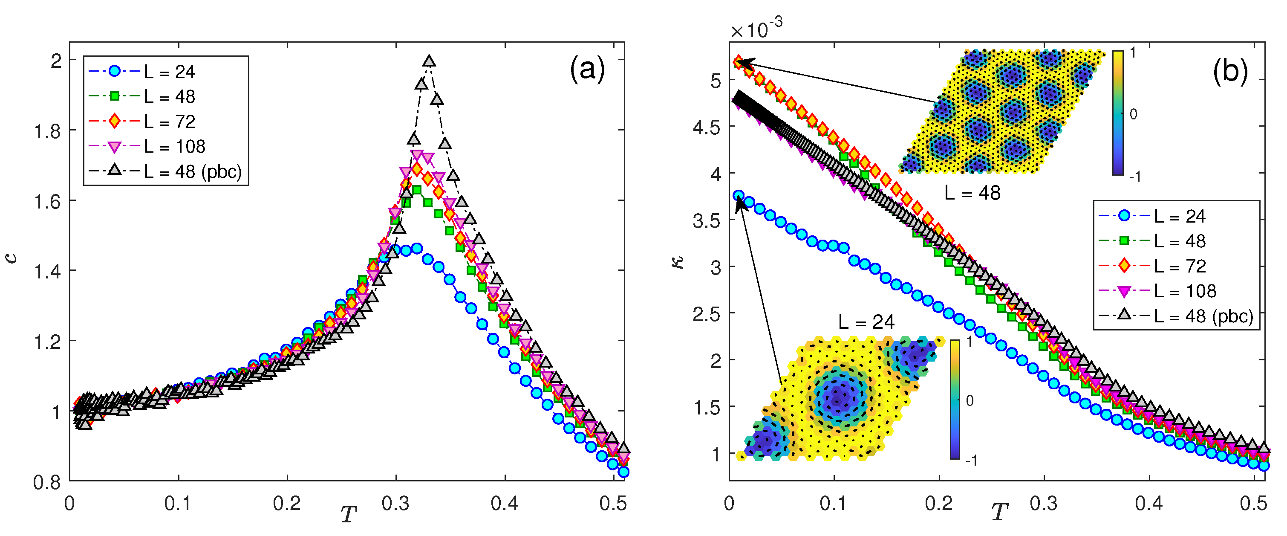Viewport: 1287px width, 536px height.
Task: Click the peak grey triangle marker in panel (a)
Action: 429,61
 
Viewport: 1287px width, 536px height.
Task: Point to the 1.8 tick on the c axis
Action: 47,131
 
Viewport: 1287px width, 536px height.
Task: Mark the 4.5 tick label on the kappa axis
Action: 707,127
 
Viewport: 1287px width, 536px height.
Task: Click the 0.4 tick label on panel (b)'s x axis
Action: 1148,504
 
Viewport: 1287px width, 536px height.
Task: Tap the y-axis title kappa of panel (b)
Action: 678,261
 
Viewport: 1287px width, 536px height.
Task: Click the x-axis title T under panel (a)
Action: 349,513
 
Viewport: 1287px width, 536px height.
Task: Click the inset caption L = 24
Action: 866,322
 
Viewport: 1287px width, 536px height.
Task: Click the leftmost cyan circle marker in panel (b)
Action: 739,195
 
